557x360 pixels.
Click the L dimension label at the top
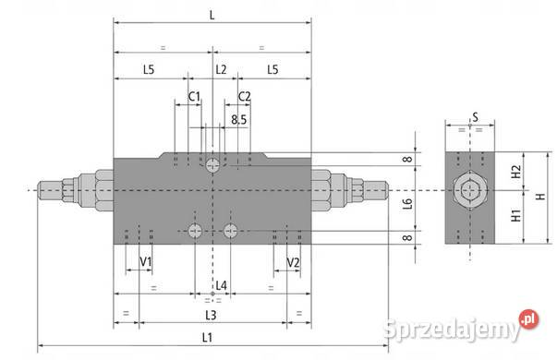212,16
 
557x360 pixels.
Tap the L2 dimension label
221,69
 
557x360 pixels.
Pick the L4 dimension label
221,286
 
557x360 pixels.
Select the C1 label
194,96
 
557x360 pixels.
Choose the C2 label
245,96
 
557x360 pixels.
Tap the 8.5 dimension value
239,120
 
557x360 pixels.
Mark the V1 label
145,262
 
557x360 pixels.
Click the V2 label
294,262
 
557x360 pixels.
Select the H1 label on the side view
517,219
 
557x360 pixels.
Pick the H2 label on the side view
517,172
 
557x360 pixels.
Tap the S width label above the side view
474,117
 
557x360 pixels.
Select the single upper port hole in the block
213,165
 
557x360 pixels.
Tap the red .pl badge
528,319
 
